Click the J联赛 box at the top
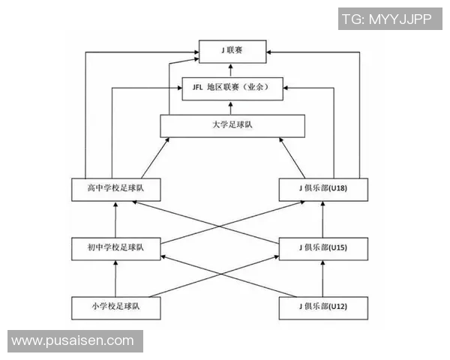click(232, 51)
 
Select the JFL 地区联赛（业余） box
click(232, 88)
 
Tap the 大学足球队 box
click(232, 125)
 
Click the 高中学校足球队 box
click(116, 189)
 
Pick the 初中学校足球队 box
click(116, 247)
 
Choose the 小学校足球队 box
click(116, 307)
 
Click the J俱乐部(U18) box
click(323, 189)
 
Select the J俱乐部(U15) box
click(323, 247)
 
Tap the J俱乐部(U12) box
click(323, 307)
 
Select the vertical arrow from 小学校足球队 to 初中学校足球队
click(116, 277)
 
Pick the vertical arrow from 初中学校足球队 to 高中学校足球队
click(116, 218)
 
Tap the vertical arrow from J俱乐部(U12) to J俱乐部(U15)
click(322, 277)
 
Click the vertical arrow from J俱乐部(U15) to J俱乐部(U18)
click(322, 218)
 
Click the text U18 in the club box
click(337, 189)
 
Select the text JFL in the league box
click(199, 88)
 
